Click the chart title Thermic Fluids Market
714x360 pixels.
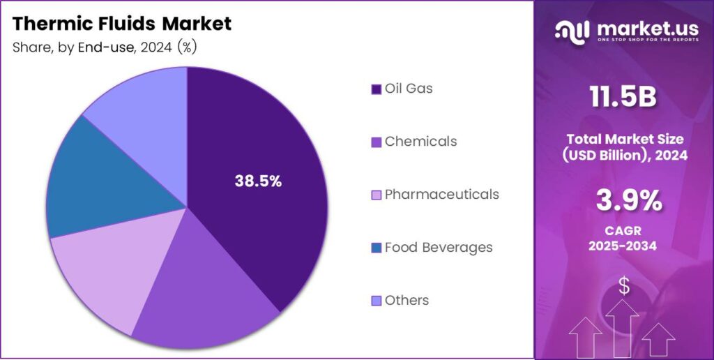tap(122, 24)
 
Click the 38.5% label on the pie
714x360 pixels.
tap(258, 181)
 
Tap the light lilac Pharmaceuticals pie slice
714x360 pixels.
tap(105, 272)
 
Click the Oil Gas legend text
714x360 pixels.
tap(409, 89)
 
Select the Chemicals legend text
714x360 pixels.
tap(420, 142)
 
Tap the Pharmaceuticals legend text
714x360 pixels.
tap(441, 194)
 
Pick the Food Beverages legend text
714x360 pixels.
tap(439, 247)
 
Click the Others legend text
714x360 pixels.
tap(407, 300)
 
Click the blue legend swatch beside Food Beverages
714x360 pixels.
tap(377, 248)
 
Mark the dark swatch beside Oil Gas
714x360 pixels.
tap(377, 89)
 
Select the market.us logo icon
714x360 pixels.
tap(572, 31)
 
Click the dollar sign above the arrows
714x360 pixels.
tap(624, 285)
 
